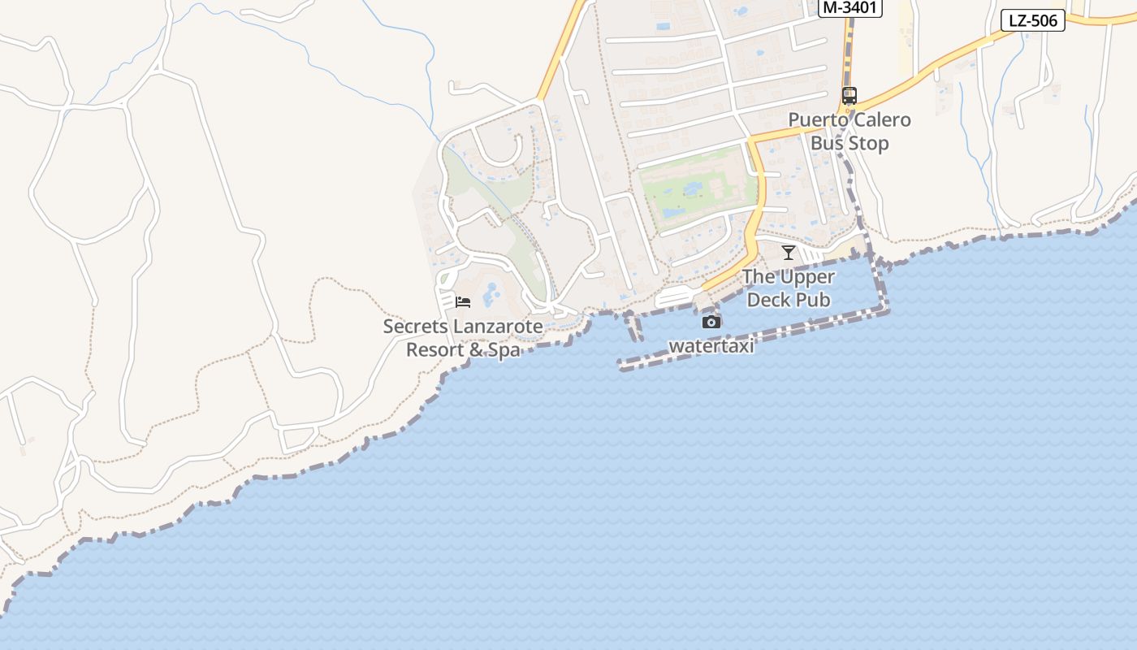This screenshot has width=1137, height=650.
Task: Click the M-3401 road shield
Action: (850, 8)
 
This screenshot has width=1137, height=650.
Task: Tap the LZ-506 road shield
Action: (1032, 21)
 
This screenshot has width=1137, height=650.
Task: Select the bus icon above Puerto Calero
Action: (850, 95)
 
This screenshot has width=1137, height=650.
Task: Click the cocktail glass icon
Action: (788, 253)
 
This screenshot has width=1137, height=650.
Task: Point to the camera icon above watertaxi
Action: (711, 323)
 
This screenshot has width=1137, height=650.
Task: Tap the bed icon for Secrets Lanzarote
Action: (463, 302)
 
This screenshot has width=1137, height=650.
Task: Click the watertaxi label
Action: (711, 346)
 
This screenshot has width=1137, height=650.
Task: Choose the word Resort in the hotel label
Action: (437, 350)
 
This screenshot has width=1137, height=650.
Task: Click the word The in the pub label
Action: (759, 277)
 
